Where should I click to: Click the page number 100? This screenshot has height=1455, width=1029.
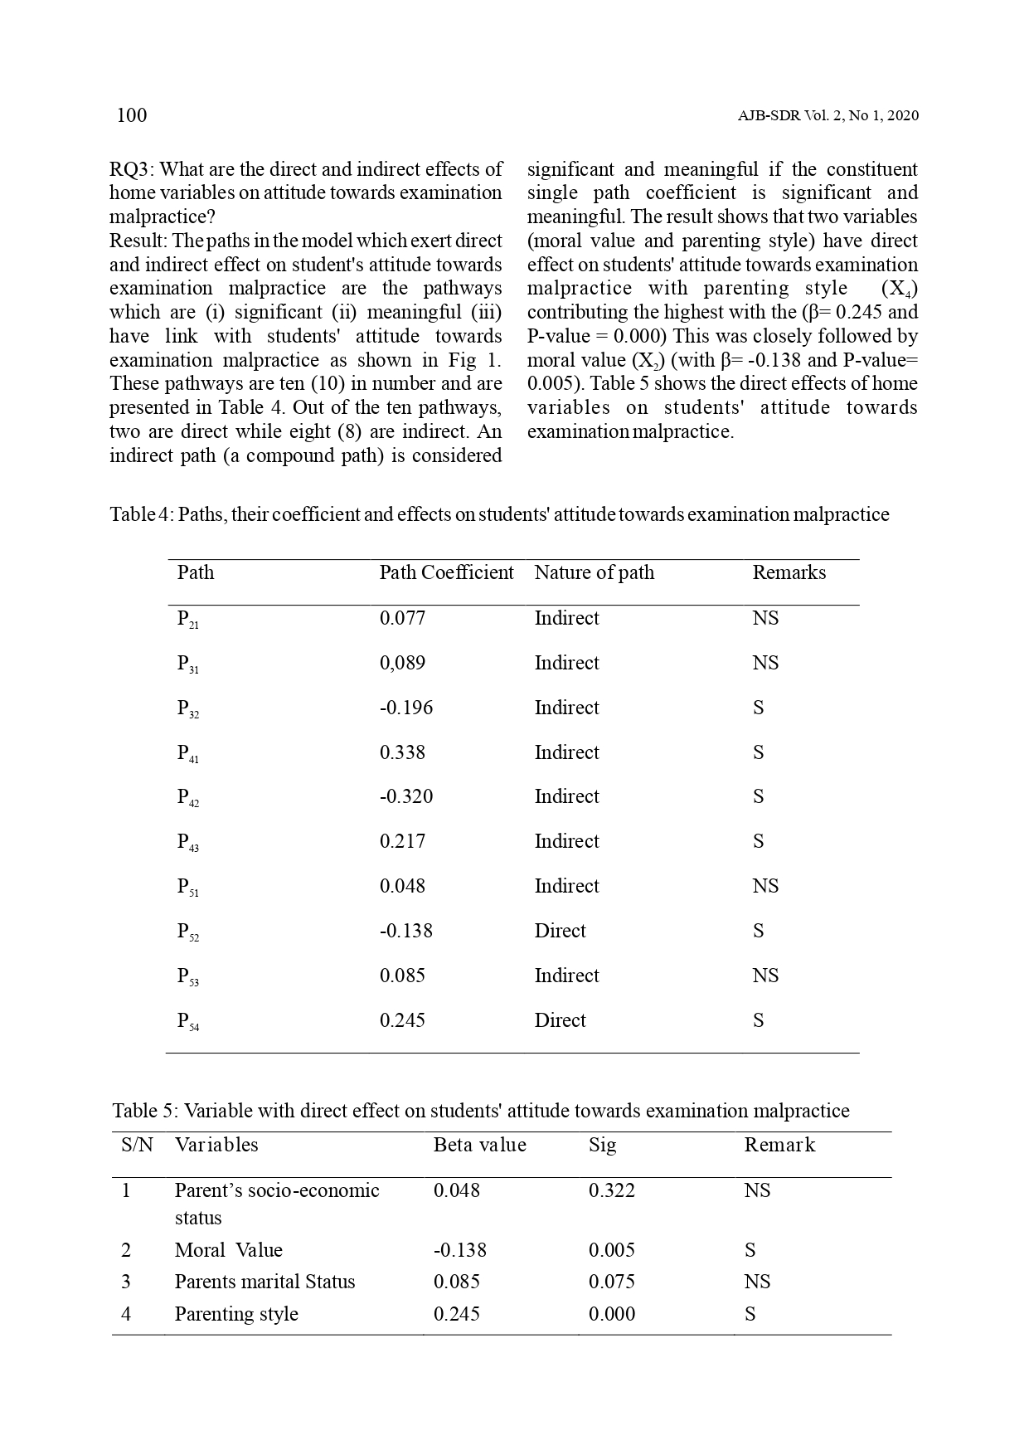pyautogui.click(x=132, y=115)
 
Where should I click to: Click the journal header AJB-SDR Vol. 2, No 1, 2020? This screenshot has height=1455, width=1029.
pyautogui.click(x=828, y=116)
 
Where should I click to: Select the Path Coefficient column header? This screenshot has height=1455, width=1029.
pyautogui.click(x=446, y=572)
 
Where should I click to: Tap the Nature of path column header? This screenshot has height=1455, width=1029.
pyautogui.click(x=594, y=572)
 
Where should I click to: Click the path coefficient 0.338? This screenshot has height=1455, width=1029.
pyautogui.click(x=402, y=752)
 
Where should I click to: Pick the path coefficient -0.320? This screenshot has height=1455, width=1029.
pyautogui.click(x=405, y=796)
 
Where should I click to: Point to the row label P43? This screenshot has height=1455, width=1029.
pyautogui.click(x=187, y=842)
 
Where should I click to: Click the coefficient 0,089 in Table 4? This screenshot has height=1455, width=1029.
pyautogui.click(x=402, y=663)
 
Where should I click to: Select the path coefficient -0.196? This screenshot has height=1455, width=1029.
pyautogui.click(x=405, y=708)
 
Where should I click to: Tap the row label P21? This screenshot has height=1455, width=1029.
pyautogui.click(x=187, y=619)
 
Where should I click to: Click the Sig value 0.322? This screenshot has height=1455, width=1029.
pyautogui.click(x=611, y=1190)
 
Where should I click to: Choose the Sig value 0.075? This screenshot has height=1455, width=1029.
pyautogui.click(x=611, y=1282)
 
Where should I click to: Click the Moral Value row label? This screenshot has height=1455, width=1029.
pyautogui.click(x=228, y=1250)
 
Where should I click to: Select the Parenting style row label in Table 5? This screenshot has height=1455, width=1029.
pyautogui.click(x=235, y=1314)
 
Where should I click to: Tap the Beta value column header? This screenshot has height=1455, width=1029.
pyautogui.click(x=479, y=1145)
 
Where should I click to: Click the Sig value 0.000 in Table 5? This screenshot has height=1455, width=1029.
pyautogui.click(x=611, y=1314)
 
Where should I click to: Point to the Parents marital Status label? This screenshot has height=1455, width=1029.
pyautogui.click(x=265, y=1282)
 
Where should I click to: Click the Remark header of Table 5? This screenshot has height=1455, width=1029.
pyautogui.click(x=779, y=1145)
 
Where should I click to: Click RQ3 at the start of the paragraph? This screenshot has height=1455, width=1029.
pyautogui.click(x=131, y=170)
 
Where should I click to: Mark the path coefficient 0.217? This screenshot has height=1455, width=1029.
pyautogui.click(x=402, y=841)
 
